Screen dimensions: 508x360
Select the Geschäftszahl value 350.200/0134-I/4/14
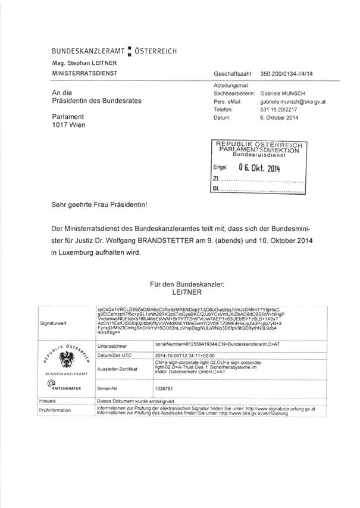point(287,73)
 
